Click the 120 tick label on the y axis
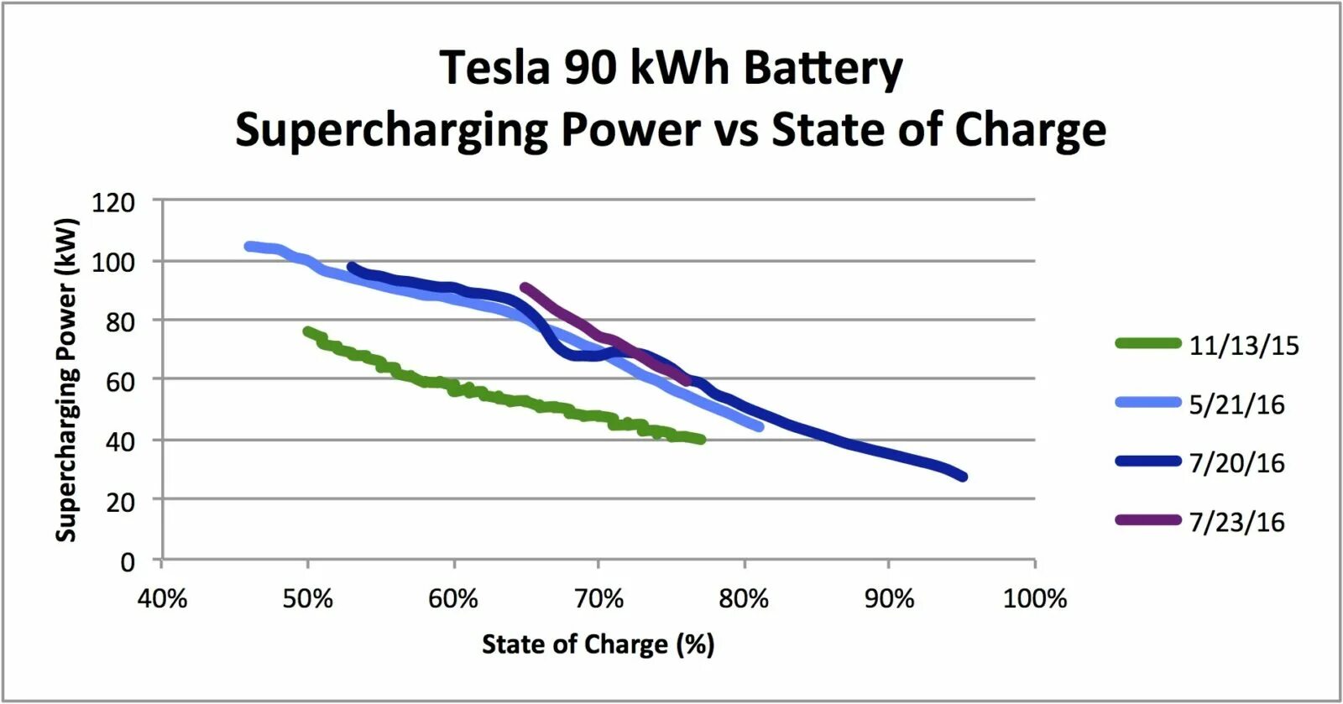(113, 202)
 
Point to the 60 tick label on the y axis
(119, 382)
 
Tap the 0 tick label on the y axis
(128, 561)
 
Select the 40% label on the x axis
(162, 598)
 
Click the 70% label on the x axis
(598, 598)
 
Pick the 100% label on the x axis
(1035, 598)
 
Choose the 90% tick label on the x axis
(890, 598)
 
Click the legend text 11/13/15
(1244, 345)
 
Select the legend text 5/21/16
(1237, 404)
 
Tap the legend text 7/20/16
(1237, 462)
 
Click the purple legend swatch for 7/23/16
(1147, 520)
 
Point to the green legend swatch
(1147, 343)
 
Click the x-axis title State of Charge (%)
(598, 644)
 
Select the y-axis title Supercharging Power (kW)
(66, 380)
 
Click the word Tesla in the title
(493, 68)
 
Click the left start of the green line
(308, 331)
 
